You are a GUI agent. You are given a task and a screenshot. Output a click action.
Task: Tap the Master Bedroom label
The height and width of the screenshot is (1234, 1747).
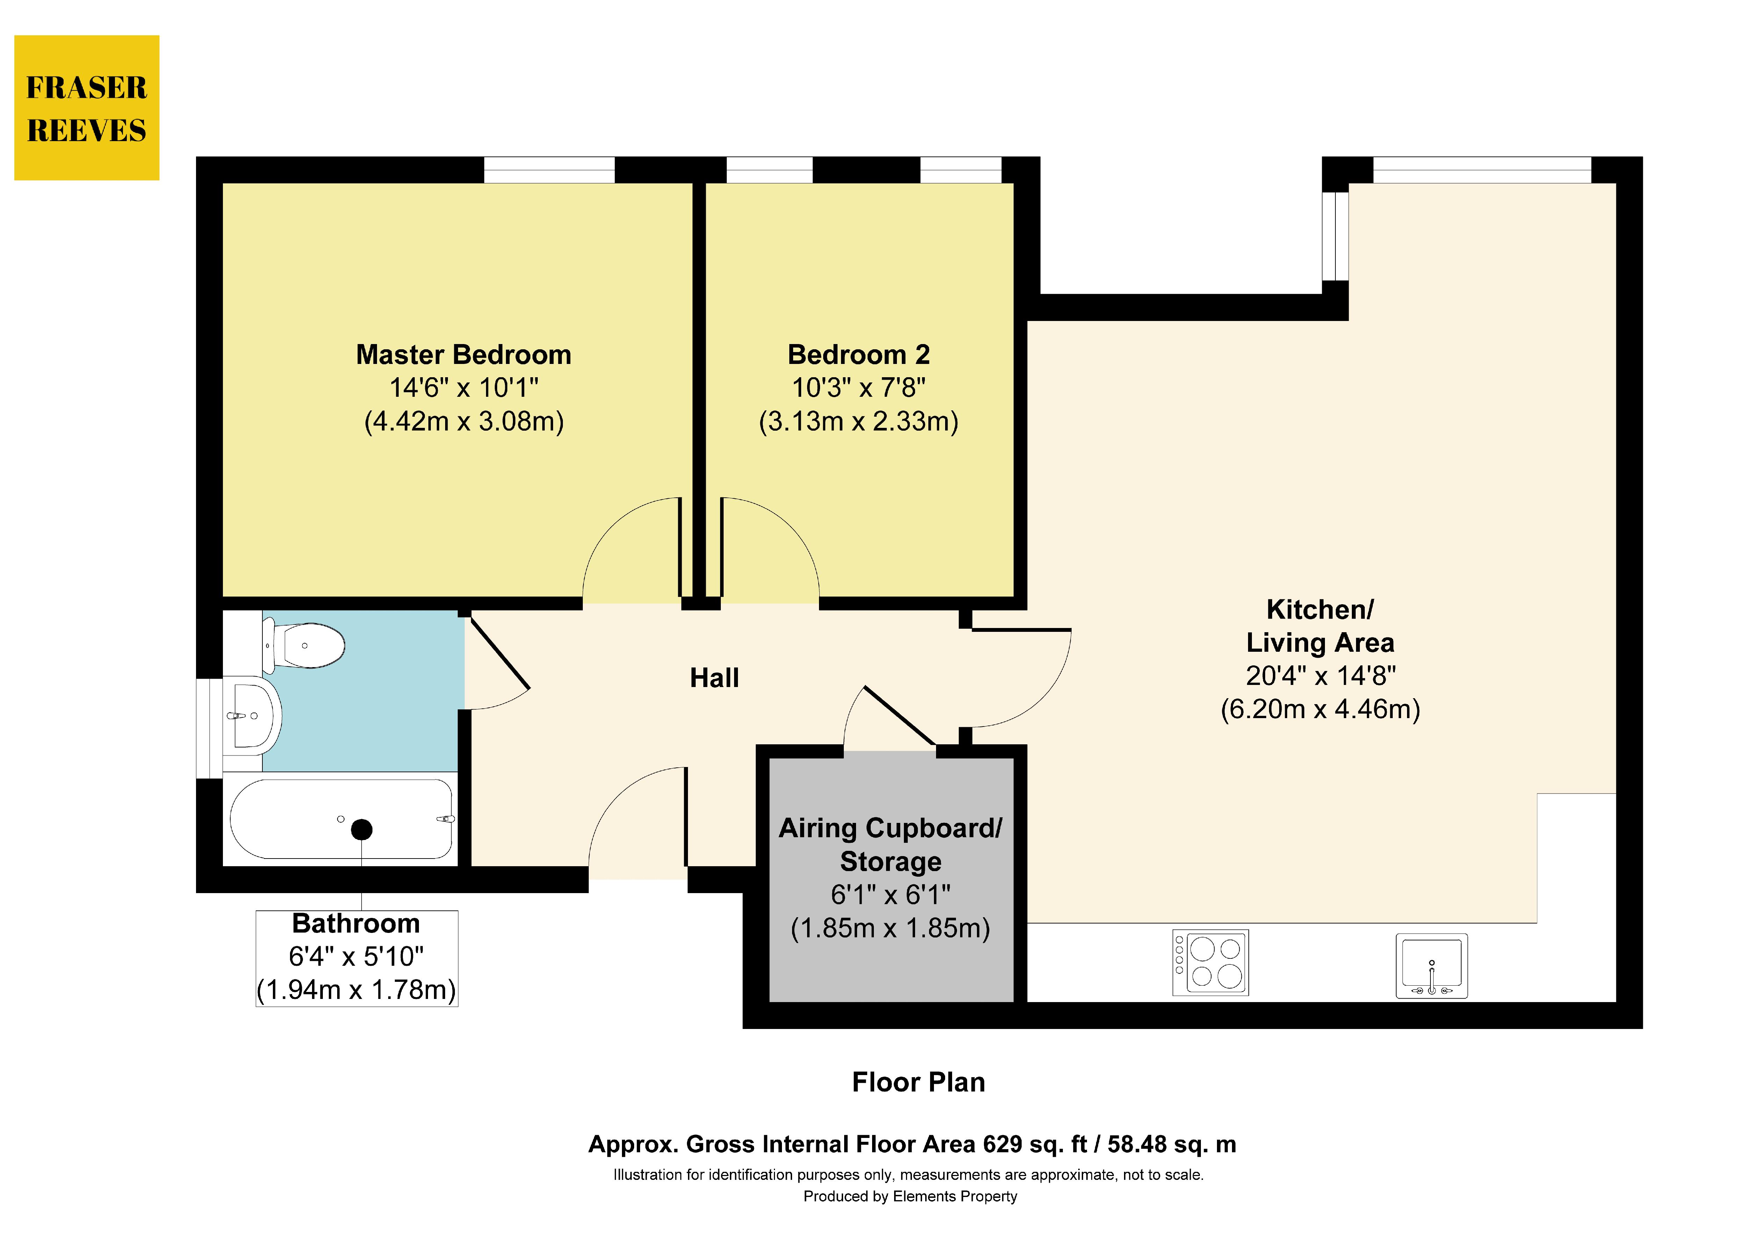point(463,355)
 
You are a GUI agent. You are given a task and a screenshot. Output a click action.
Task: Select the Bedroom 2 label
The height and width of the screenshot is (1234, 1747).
point(858,355)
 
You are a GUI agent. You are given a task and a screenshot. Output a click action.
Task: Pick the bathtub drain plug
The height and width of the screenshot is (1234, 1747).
point(361,829)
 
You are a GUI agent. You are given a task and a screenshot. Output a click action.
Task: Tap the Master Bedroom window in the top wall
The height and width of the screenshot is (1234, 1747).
point(549,170)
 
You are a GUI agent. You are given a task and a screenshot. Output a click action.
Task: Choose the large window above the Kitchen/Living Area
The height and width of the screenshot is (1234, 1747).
point(1482,170)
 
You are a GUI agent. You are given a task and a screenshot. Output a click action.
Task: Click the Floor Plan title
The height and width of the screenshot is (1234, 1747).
point(918,1082)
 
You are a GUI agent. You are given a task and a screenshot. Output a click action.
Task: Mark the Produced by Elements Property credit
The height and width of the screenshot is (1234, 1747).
point(910,1197)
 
